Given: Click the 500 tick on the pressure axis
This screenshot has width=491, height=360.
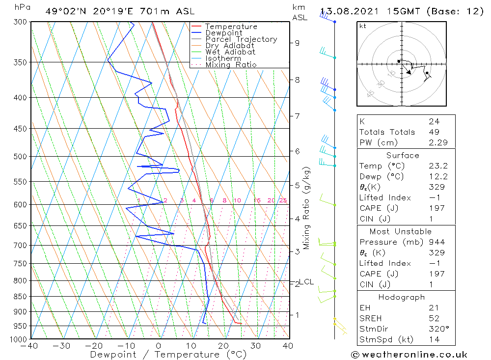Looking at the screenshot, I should pyautogui.click(x=21, y=157).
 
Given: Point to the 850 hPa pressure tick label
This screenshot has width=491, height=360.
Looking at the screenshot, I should pyautogui.click(x=21, y=297).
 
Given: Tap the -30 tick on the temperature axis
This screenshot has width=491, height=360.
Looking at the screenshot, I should pyautogui.click(x=62, y=346).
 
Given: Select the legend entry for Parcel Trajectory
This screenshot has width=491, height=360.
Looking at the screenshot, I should pyautogui.click(x=241, y=39).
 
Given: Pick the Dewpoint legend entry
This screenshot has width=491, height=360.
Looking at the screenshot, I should pyautogui.click(x=223, y=33).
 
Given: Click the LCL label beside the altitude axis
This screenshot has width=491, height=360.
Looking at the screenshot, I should pyautogui.click(x=306, y=281).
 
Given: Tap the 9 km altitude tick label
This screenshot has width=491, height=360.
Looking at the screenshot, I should pyautogui.click(x=298, y=43).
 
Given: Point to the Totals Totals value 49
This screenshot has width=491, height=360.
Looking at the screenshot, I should pyautogui.click(x=434, y=132).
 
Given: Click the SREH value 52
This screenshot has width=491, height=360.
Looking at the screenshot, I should pyautogui.click(x=434, y=318).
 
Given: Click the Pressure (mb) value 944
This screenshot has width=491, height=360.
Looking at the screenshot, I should pyautogui.click(x=436, y=242).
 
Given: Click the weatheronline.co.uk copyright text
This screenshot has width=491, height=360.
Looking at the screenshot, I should pyautogui.click(x=409, y=355).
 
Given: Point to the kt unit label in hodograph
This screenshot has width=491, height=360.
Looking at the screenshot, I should pyautogui.click(x=363, y=26).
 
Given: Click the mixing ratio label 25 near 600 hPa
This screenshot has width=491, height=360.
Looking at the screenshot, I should pyautogui.click(x=283, y=200).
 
